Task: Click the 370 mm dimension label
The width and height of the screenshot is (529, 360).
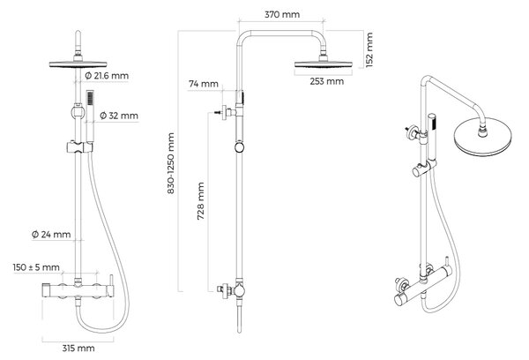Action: [x=282, y=14]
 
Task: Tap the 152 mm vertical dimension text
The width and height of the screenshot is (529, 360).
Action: [x=369, y=49]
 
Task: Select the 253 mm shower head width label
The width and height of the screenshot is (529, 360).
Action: [x=327, y=81]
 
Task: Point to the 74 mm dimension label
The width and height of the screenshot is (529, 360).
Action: [x=204, y=84]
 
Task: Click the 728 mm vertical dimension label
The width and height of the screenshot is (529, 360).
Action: [x=201, y=201]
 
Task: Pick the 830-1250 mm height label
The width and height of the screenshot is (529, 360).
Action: [x=171, y=163]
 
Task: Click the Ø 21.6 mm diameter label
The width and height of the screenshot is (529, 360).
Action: [x=107, y=76]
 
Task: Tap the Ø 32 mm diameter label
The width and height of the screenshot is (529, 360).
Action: [x=119, y=116]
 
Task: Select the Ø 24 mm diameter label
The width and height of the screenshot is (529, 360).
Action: [x=51, y=235]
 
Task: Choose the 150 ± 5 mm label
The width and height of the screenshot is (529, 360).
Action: [x=36, y=267]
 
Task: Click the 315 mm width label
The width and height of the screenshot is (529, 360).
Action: [x=78, y=349]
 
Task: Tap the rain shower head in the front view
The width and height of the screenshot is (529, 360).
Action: [x=78, y=64]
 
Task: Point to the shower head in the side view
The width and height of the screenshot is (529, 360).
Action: [x=324, y=64]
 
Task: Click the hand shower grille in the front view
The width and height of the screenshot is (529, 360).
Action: [x=90, y=98]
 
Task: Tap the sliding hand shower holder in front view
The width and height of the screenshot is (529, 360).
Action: [x=79, y=147]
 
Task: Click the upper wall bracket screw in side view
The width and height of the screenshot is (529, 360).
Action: [x=218, y=111]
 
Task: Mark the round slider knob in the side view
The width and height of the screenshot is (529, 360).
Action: [x=239, y=147]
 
